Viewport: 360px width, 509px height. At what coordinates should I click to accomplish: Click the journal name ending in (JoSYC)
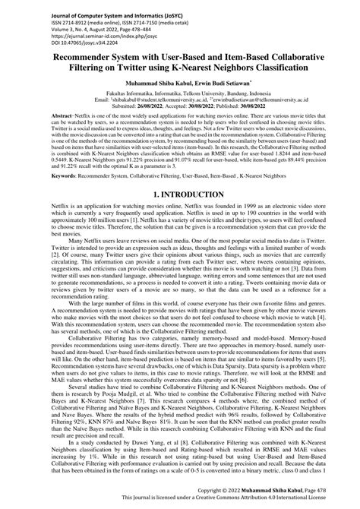68,7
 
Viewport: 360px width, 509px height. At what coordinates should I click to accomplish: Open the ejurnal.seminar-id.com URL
62,31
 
